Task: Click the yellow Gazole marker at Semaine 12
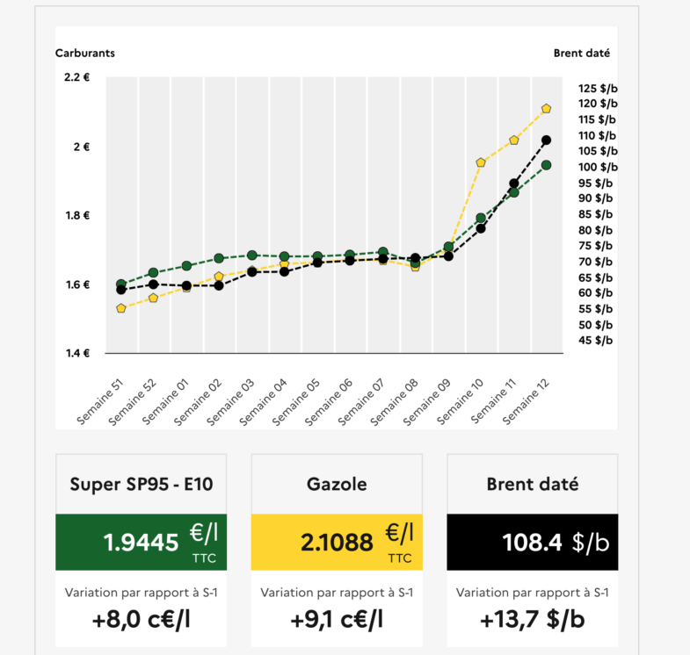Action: click(x=546, y=109)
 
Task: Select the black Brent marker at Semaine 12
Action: click(x=546, y=140)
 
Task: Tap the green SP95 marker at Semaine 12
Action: click(x=546, y=165)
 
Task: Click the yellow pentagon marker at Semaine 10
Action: click(x=481, y=162)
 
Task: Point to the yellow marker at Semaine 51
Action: click(x=121, y=308)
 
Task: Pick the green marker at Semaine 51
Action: click(x=121, y=284)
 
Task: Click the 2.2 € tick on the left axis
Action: click(x=77, y=77)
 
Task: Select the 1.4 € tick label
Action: click(x=77, y=353)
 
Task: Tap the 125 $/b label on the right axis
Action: click(x=598, y=88)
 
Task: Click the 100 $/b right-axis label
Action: click(x=598, y=167)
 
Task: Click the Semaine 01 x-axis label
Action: click(x=168, y=402)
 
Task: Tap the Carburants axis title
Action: click(x=85, y=53)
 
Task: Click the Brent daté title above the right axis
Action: click(x=581, y=53)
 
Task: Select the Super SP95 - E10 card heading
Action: click(x=142, y=484)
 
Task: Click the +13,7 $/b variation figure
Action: click(x=532, y=620)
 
